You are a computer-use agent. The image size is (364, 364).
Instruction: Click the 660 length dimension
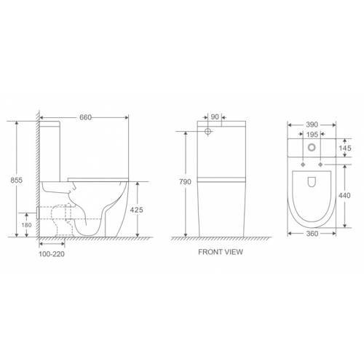point(86,117)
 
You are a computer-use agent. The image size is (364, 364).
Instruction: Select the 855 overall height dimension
point(17,180)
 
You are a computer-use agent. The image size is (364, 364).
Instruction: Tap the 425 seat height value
point(136,210)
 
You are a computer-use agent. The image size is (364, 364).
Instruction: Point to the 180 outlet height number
point(26,225)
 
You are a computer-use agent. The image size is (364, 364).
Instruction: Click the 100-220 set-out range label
point(52,254)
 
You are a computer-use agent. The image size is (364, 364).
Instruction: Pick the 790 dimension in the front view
point(185,182)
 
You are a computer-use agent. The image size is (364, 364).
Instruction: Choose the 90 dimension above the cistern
point(215,116)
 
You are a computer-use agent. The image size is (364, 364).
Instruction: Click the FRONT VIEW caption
point(221,252)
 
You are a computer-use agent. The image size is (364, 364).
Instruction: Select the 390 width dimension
point(312,124)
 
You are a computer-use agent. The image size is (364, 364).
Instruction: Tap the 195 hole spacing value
point(312,135)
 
